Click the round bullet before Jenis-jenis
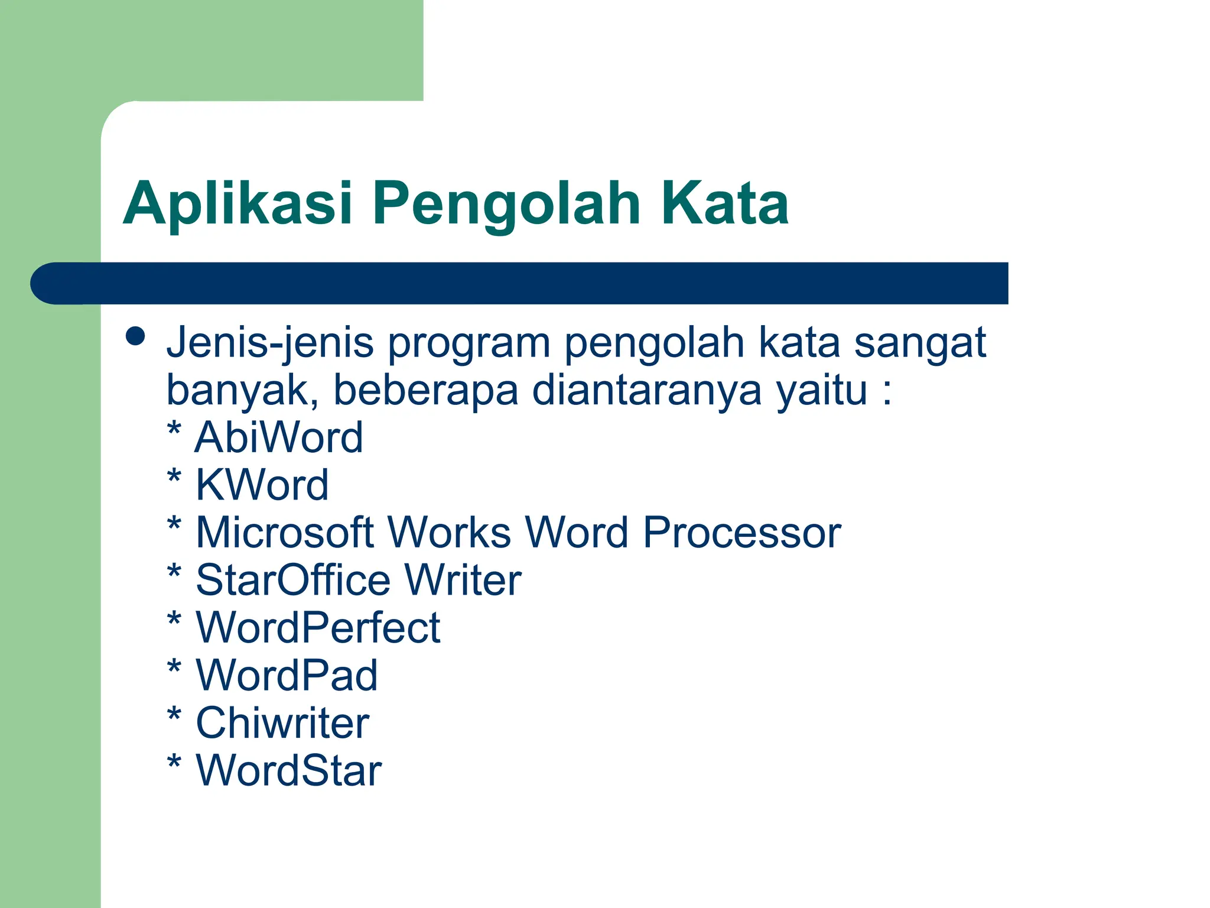click(x=136, y=336)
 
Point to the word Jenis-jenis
click(x=270, y=343)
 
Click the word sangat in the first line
click(x=920, y=343)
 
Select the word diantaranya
click(x=646, y=391)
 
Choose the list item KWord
click(x=262, y=485)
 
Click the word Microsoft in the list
click(x=284, y=533)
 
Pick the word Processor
click(x=741, y=533)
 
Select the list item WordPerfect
click(x=318, y=628)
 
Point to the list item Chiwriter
click(x=282, y=723)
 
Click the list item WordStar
click(x=288, y=771)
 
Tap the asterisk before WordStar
click(x=174, y=763)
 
